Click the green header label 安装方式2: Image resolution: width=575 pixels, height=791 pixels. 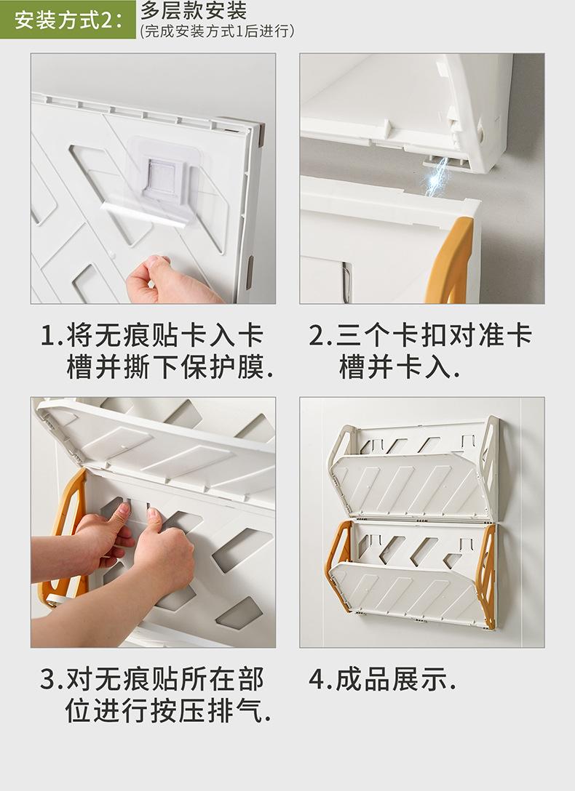tap(68, 20)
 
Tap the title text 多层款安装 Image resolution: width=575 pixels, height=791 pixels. tap(194, 11)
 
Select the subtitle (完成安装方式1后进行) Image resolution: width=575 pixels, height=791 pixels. tap(218, 31)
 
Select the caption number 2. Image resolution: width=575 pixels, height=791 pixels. tap(317, 336)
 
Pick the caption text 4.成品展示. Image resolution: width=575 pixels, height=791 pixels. tap(382, 680)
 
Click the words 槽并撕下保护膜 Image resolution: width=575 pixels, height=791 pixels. tap(170, 367)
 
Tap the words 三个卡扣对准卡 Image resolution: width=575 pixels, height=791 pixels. tap(434, 336)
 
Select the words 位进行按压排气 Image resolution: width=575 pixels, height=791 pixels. tap(168, 710)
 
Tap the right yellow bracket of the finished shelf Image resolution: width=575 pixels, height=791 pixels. tap(485, 575)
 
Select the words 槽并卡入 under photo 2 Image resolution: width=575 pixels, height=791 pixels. tap(400, 367)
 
